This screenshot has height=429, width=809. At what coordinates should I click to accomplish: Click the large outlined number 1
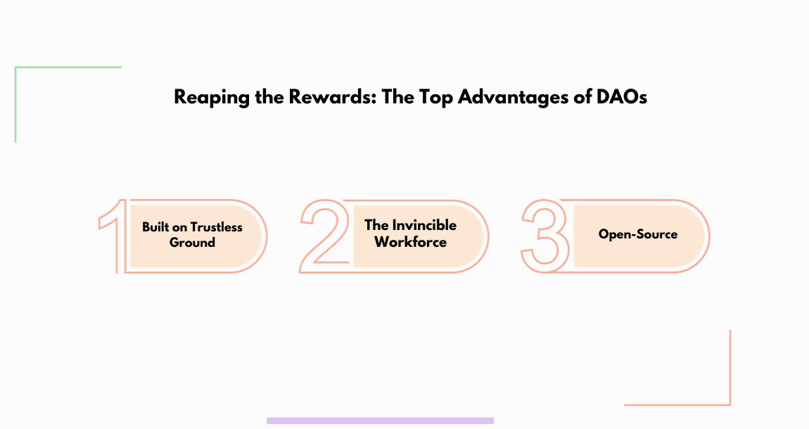(x=115, y=236)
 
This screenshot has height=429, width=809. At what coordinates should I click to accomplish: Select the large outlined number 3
(x=545, y=236)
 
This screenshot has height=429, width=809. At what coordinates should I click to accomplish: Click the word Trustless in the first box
(x=217, y=227)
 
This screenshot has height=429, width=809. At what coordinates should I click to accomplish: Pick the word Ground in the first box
(x=192, y=243)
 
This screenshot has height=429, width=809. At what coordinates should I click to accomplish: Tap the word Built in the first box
(x=155, y=227)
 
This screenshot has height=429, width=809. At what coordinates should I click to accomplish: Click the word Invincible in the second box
(x=424, y=226)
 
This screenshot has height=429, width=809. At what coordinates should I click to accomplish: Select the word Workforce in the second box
(x=410, y=242)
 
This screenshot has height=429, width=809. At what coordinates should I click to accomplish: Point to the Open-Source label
(x=637, y=234)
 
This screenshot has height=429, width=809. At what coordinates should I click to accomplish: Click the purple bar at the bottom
(x=380, y=421)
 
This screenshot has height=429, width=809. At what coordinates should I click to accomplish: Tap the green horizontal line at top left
(x=68, y=68)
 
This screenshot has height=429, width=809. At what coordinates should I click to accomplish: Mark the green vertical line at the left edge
(x=15, y=105)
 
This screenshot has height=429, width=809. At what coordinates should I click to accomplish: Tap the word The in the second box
(x=376, y=226)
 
